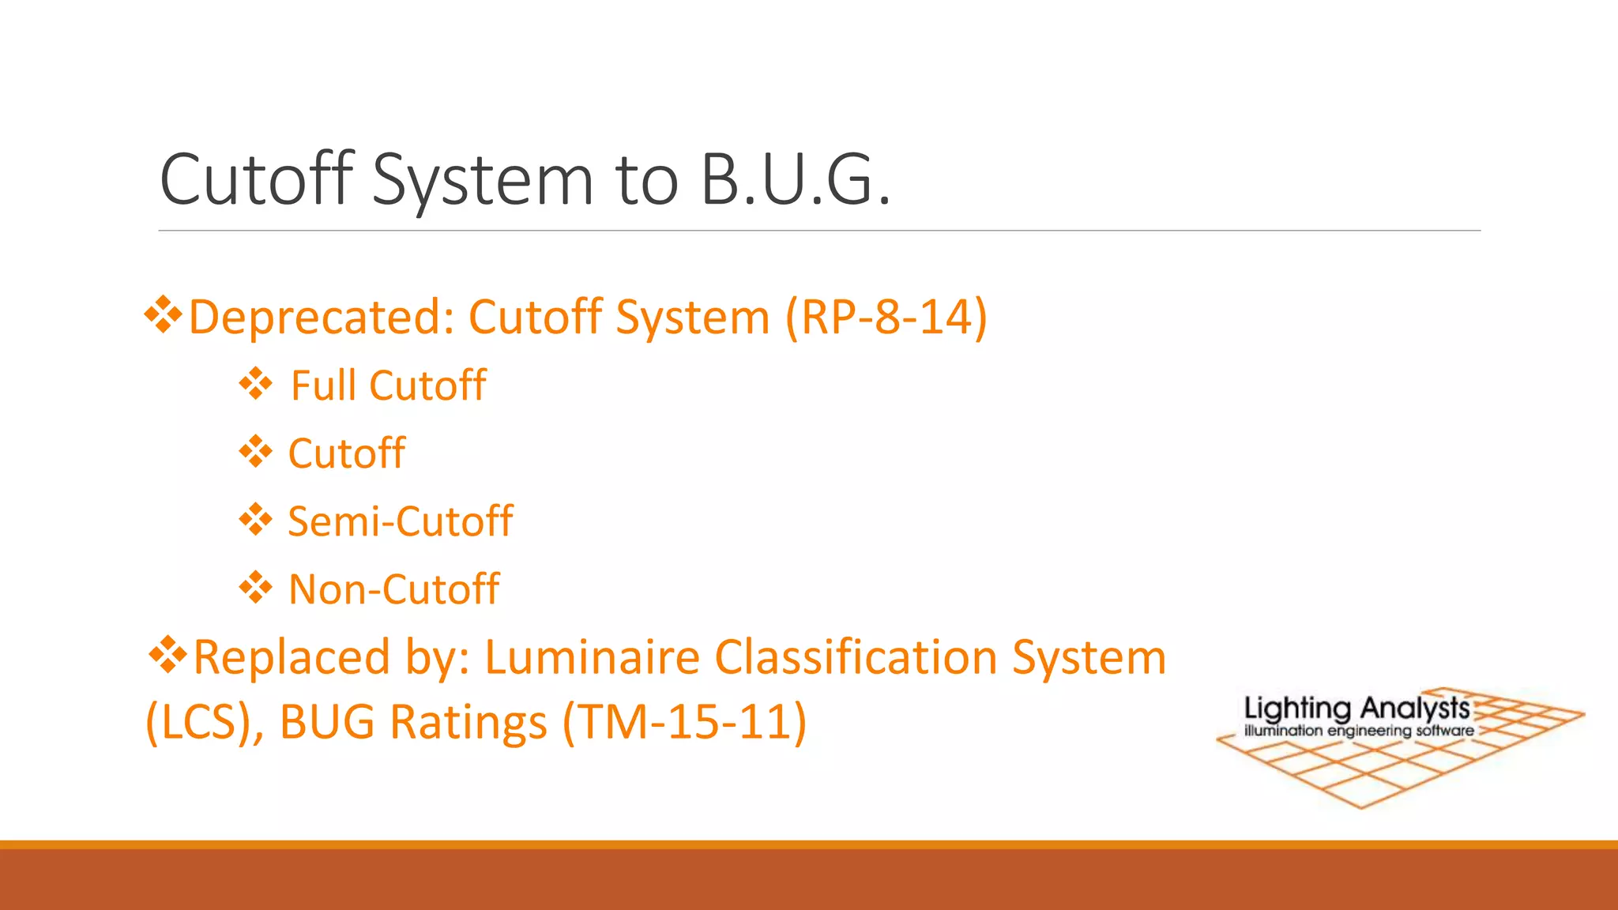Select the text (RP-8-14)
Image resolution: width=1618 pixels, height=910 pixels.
[x=886, y=317]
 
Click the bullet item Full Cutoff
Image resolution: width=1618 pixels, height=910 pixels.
[x=388, y=385]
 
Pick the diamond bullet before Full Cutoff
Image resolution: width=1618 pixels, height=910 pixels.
[x=256, y=385]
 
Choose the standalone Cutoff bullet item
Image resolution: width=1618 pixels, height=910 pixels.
[x=346, y=453]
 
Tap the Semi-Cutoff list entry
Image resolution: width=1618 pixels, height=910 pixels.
[x=400, y=521]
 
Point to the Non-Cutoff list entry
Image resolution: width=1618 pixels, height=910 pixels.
[x=393, y=589]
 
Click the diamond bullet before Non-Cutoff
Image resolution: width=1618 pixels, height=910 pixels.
[x=256, y=588]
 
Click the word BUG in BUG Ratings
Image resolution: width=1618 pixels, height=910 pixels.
[x=327, y=722]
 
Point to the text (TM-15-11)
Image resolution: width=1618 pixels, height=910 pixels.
[x=685, y=722]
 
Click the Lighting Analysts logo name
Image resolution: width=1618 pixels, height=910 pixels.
[x=1356, y=708]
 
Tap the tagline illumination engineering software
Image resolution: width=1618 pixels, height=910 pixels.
[x=1359, y=731]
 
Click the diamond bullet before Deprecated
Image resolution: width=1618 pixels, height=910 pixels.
[x=163, y=315]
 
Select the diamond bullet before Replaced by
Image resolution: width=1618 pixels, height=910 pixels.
[x=167, y=656]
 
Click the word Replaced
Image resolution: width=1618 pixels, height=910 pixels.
[x=292, y=657]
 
